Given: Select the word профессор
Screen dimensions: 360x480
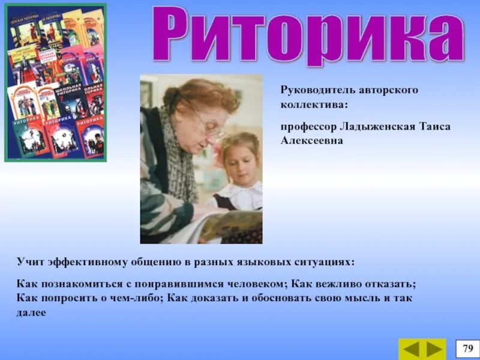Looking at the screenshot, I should tap(308, 127).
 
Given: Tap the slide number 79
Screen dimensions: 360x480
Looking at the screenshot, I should tap(467, 348).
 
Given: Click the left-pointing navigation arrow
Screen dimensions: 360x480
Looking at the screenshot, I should tap(412, 349).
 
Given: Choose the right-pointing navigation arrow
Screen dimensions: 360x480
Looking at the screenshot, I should tap(434, 349).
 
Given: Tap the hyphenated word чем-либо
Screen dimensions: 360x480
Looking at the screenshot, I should tap(135, 298).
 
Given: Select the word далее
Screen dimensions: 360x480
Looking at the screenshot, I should tap(31, 312).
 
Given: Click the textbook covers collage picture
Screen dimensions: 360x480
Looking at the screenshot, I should tap(56, 83).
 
